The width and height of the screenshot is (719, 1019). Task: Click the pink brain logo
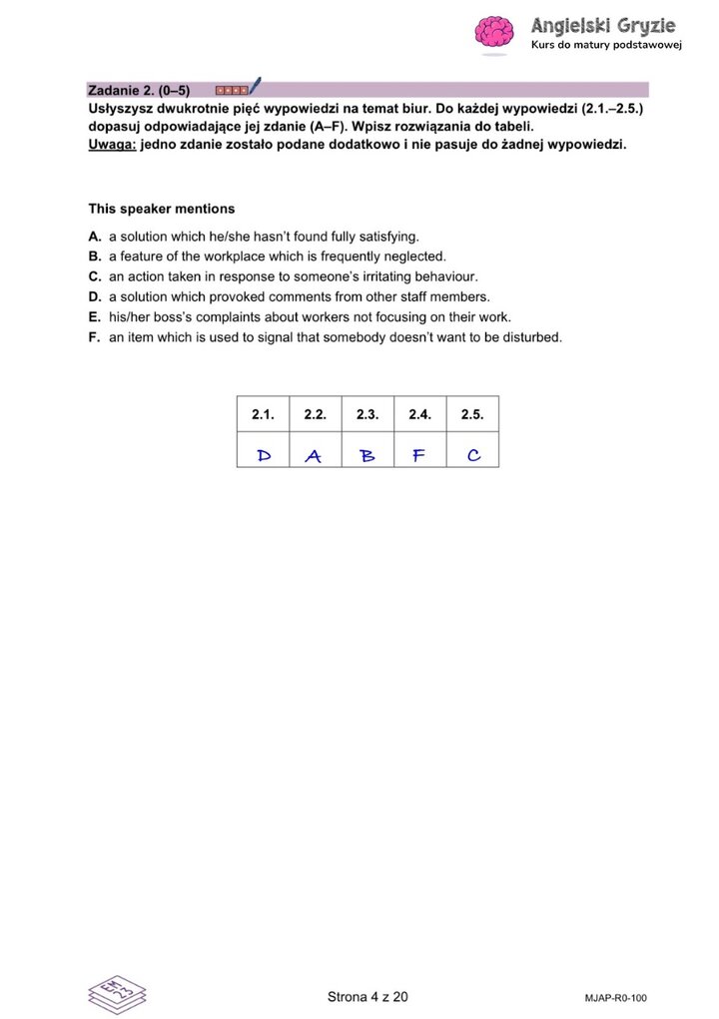(x=492, y=35)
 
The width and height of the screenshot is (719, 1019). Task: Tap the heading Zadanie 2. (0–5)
(x=139, y=90)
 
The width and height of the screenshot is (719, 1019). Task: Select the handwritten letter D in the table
(x=264, y=456)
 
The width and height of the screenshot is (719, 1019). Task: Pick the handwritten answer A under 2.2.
(x=314, y=456)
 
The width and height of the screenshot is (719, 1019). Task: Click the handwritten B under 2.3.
(x=366, y=456)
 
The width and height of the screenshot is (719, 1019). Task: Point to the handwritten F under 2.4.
(x=419, y=456)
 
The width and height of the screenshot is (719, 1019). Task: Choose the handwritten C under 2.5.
(x=473, y=456)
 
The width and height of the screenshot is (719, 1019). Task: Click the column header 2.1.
(x=263, y=413)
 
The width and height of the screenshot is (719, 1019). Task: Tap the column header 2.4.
(x=419, y=413)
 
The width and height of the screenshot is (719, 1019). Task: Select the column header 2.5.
(x=472, y=413)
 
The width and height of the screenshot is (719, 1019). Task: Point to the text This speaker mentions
(x=162, y=209)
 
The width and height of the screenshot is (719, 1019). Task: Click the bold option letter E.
(x=94, y=317)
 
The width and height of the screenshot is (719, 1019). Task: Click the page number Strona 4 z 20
(x=367, y=996)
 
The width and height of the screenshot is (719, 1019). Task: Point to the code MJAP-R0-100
(x=616, y=997)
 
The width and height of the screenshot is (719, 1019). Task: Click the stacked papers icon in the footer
(x=117, y=994)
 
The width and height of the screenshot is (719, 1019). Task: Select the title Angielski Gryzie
(x=603, y=25)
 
